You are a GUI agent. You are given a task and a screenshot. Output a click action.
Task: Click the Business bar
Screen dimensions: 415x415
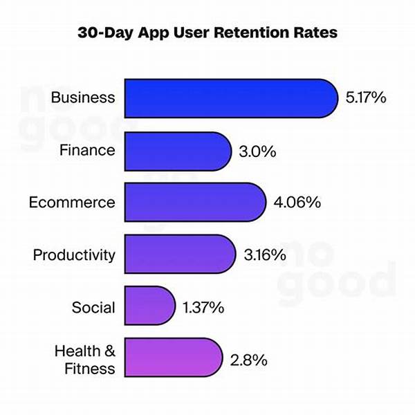pyautogui.click(x=230, y=97)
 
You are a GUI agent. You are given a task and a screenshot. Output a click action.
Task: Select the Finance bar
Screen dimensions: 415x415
pyautogui.click(x=178, y=151)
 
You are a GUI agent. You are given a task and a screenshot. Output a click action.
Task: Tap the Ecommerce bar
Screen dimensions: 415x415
pyautogui.click(x=195, y=203)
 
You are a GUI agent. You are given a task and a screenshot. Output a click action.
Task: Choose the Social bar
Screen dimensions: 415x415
pyautogui.click(x=149, y=307)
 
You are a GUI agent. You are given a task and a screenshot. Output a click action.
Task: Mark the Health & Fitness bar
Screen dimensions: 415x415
pyautogui.click(x=173, y=360)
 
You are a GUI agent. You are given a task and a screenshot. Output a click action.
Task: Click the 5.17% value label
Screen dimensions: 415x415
pyautogui.click(x=365, y=98)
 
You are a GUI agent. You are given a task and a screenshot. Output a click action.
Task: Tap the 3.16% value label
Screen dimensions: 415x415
pyautogui.click(x=265, y=255)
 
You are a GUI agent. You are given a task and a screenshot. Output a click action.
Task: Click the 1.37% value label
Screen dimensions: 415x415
pyautogui.click(x=203, y=307)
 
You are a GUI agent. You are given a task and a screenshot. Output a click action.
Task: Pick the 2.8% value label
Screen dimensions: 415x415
pyautogui.click(x=248, y=360)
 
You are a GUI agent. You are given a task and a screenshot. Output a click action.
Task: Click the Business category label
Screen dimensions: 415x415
pyautogui.click(x=83, y=98)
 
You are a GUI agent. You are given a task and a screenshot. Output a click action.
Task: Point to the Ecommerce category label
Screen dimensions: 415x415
pyautogui.click(x=72, y=203)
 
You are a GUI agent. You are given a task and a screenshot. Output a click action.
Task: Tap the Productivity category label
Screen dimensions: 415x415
pyautogui.click(x=74, y=255)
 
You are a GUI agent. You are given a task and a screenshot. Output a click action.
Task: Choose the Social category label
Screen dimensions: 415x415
pyautogui.click(x=93, y=307)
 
